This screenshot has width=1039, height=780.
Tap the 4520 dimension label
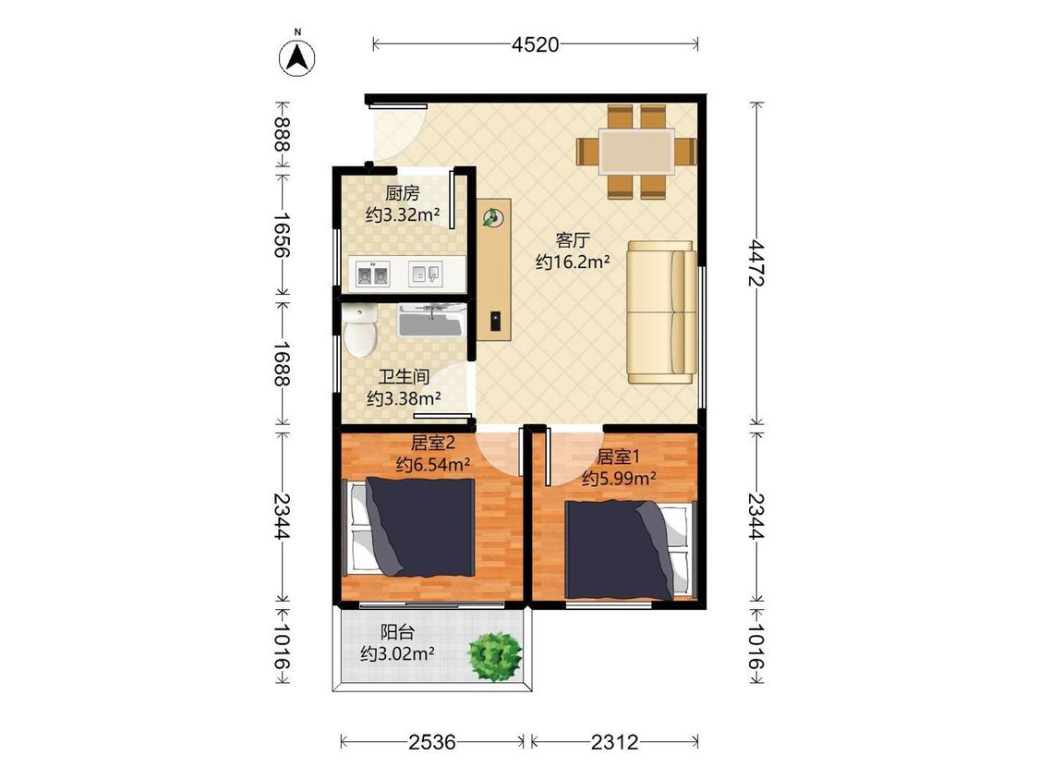click(x=536, y=44)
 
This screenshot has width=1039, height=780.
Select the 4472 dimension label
click(x=756, y=263)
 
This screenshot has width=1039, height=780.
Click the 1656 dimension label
click(x=283, y=235)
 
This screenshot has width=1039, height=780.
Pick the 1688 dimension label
click(x=283, y=363)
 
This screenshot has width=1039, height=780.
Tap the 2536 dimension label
click(x=432, y=741)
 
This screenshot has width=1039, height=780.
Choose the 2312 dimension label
click(x=615, y=741)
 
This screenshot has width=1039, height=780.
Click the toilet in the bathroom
click(x=360, y=330)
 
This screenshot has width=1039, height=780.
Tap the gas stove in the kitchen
click(x=372, y=274)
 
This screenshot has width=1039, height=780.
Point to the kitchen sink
click(x=426, y=274)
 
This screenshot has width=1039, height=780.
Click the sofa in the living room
click(x=661, y=312)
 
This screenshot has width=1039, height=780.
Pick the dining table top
click(x=636, y=152)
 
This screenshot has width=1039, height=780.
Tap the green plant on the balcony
click(x=494, y=657)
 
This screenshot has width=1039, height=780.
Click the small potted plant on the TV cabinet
click(x=492, y=217)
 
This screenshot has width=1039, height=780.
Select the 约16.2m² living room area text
click(x=573, y=262)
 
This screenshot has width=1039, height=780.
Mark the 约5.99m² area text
click(x=619, y=478)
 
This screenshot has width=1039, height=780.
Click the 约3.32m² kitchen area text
click(x=403, y=215)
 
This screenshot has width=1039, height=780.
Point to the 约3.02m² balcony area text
click(x=397, y=654)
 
